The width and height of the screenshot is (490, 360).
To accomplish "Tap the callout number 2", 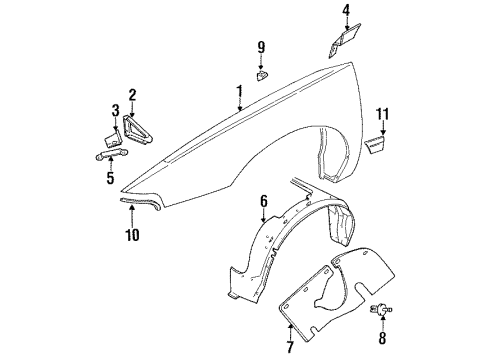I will (x=131, y=95).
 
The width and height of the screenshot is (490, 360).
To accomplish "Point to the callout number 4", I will (x=345, y=11).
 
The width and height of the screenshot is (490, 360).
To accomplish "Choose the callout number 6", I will (x=263, y=202).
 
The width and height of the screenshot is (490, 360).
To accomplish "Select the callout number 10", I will (x=132, y=235).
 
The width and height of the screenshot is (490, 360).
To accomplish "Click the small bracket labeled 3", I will (x=113, y=131).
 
